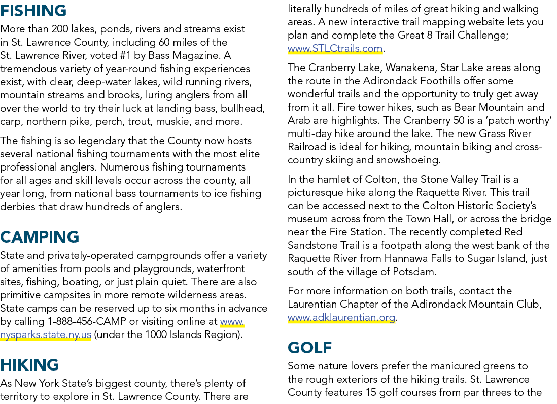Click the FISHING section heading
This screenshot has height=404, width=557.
33,11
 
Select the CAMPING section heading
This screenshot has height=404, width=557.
40,237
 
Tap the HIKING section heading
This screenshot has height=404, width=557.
29,365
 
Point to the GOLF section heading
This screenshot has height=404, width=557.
310,348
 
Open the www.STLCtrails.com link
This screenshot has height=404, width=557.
335,48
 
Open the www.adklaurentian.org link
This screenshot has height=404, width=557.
341,317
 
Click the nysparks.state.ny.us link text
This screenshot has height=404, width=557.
46,334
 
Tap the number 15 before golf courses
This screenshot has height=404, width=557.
368,392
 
